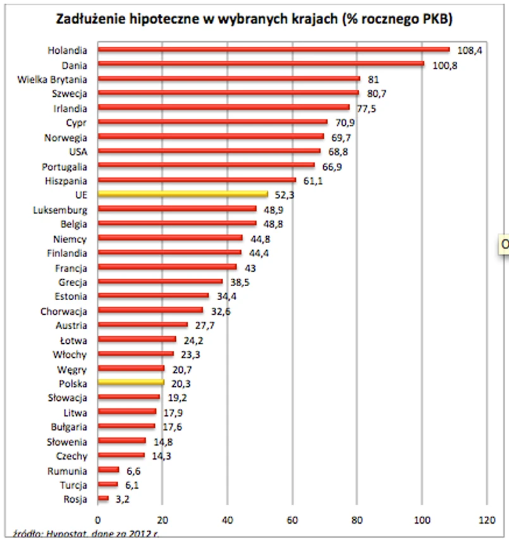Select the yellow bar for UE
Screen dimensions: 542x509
click(183, 194)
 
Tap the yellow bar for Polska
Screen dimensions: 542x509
click(131, 383)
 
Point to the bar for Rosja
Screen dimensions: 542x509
click(103, 498)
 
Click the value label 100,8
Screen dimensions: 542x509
click(445, 65)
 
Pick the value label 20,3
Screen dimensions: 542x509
click(181, 383)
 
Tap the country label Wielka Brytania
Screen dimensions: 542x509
click(53, 79)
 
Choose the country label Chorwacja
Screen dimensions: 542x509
click(63, 311)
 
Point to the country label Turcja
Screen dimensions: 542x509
click(73, 484)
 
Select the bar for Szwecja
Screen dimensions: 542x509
click(228, 93)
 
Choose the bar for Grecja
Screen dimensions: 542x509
click(161, 281)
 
